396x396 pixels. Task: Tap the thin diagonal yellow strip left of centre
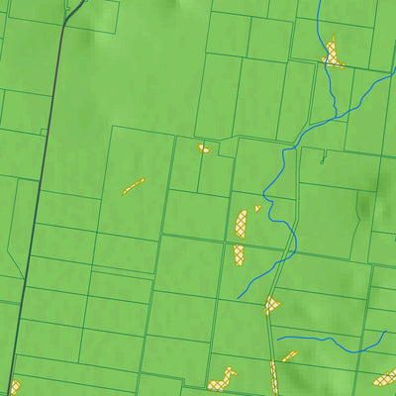pyautogui.click(x=133, y=185)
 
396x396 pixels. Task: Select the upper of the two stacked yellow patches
pyautogui.click(x=243, y=222)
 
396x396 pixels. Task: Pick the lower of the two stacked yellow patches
pyautogui.click(x=240, y=253)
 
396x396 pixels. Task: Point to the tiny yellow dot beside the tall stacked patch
pyautogui.click(x=257, y=208)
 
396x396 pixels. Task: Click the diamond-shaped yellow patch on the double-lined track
pyautogui.click(x=272, y=305)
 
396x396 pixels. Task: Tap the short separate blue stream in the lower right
pyautogui.click(x=327, y=343)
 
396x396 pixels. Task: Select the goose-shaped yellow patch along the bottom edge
pyautogui.click(x=223, y=379)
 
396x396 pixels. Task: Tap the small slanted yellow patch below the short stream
pyautogui.click(x=289, y=355)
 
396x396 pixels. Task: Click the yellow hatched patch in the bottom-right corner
pyautogui.click(x=381, y=377)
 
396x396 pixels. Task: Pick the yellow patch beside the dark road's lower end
pyautogui.click(x=14, y=386)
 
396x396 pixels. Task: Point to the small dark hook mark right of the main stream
pyautogui.click(x=322, y=155)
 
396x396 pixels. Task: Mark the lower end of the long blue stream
pyautogui.click(x=240, y=296)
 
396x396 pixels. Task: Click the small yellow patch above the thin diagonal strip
pyautogui.click(x=203, y=148)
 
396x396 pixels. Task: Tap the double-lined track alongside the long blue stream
pyautogui.click(x=284, y=257)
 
